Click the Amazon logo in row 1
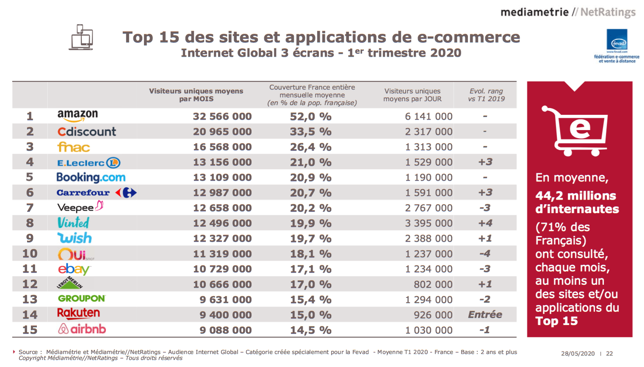(x=77, y=115)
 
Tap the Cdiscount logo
(x=86, y=131)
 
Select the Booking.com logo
(x=91, y=177)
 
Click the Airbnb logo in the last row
(x=82, y=329)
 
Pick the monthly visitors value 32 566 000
(x=222, y=117)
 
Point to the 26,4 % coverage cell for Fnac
(x=310, y=147)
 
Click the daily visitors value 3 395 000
(x=428, y=223)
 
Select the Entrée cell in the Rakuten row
(x=485, y=315)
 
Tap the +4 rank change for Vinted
(x=485, y=223)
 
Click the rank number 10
(x=30, y=253)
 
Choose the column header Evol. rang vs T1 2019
(x=486, y=95)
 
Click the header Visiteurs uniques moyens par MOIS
(x=196, y=95)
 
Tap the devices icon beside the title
(x=81, y=37)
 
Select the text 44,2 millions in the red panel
(x=575, y=196)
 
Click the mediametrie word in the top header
(x=534, y=12)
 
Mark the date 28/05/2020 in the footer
(x=578, y=353)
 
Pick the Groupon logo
(x=81, y=298)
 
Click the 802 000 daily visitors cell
(x=433, y=284)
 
